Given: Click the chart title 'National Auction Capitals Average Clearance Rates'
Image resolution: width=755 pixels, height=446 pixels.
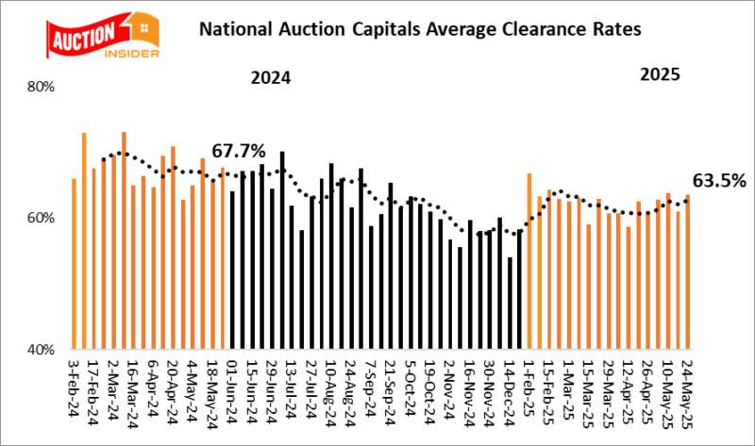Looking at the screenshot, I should pyautogui.click(x=419, y=30).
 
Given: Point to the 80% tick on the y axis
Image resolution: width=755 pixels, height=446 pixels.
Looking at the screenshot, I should pyautogui.click(x=44, y=87).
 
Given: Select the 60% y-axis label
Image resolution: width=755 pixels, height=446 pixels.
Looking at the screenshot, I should pyautogui.click(x=44, y=218).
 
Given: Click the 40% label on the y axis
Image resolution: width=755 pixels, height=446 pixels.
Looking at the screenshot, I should pyautogui.click(x=44, y=349).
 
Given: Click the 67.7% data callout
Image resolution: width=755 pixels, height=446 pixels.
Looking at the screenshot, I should pyautogui.click(x=239, y=151).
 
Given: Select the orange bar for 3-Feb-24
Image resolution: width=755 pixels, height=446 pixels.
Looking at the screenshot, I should pyautogui.click(x=74, y=264).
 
